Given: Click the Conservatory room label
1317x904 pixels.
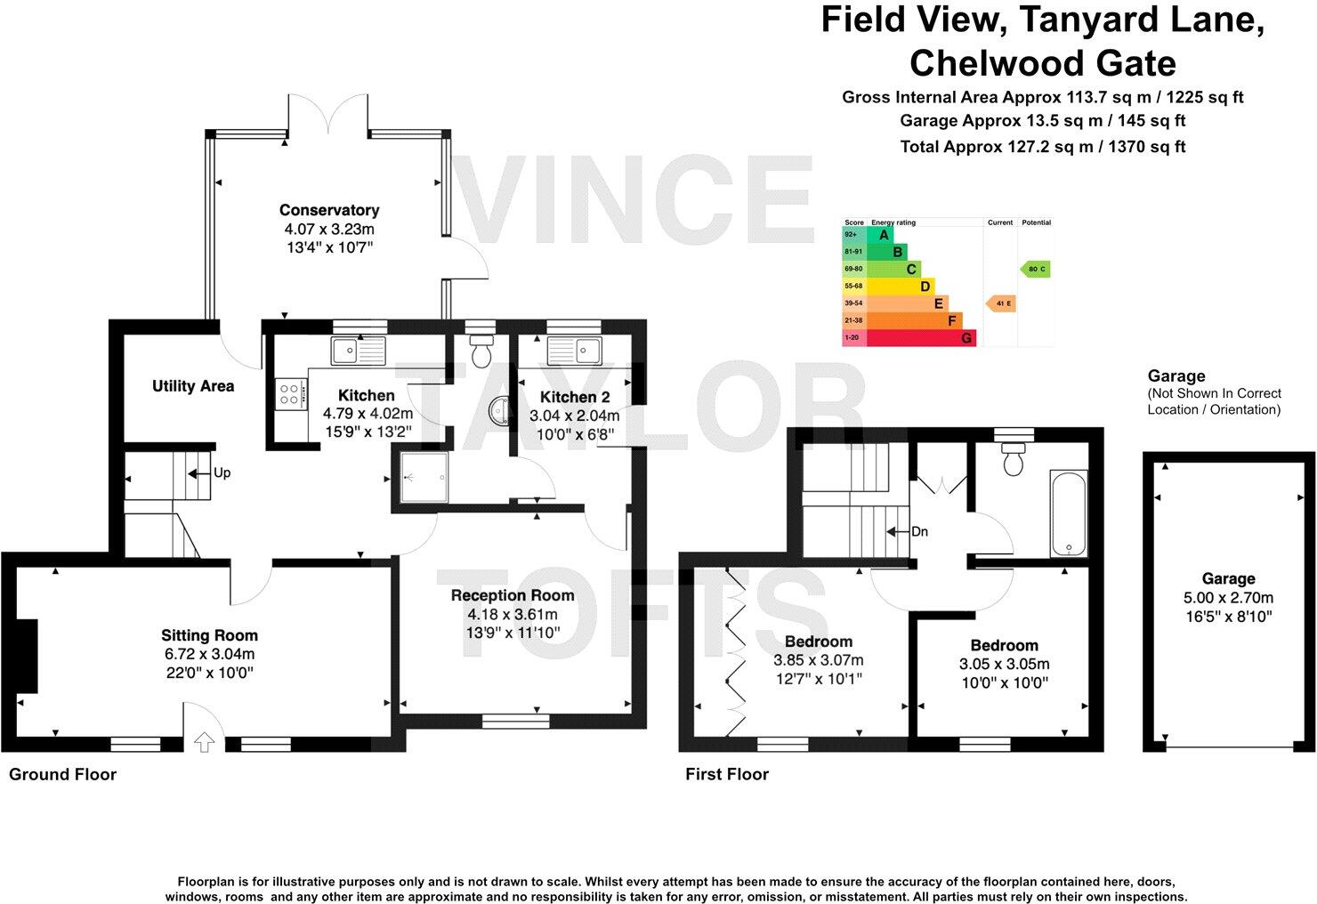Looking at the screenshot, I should tap(329, 210).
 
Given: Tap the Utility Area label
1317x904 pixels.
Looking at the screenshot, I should tap(193, 386).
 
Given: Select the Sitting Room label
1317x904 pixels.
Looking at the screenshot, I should tap(209, 635).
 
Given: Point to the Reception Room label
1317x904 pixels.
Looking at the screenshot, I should tap(513, 595).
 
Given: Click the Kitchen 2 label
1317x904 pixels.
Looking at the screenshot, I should tap(575, 397).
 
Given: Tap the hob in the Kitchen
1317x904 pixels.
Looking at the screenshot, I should tap(289, 393).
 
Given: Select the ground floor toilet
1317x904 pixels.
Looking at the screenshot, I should tap(481, 352).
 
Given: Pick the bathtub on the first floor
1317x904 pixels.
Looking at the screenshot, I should tap(1068, 513).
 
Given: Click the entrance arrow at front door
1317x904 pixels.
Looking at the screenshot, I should tap(204, 740).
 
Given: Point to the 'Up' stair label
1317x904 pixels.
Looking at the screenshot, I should tap(221, 472).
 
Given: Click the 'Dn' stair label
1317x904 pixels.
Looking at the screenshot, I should tap(919, 532).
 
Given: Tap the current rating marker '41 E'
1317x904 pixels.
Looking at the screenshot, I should tap(1001, 304).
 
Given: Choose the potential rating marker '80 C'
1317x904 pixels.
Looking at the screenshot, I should tap(1036, 269).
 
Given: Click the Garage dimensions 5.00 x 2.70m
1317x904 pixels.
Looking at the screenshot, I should tap(1228, 597).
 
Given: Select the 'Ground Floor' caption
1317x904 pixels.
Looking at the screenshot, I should tap(62, 775).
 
